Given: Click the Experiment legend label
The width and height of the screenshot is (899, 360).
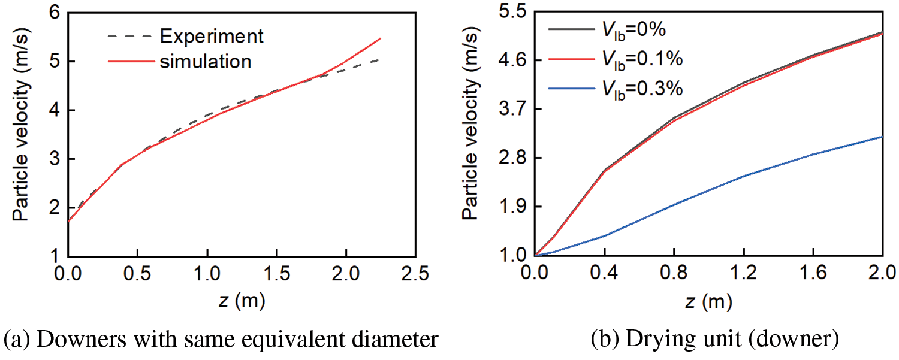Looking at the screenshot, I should (212, 36).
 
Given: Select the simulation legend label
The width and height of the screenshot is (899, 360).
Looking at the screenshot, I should (206, 60).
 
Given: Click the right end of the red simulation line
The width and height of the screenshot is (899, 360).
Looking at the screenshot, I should (381, 38).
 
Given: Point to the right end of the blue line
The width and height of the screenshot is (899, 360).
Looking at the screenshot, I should (882, 137).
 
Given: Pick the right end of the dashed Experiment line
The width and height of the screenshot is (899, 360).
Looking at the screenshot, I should (379, 59).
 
